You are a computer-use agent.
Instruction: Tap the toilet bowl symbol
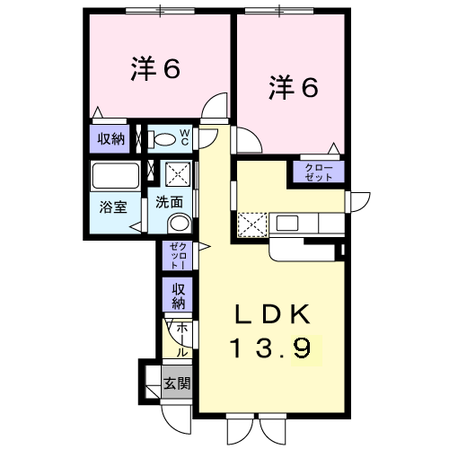164,139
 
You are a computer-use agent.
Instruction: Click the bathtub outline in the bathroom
115,175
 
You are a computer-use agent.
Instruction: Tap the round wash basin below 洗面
180,224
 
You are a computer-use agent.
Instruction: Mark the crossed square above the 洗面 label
176,173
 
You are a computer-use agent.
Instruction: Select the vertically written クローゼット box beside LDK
175,255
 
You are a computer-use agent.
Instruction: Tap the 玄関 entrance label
175,383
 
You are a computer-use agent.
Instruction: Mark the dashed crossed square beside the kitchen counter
251,223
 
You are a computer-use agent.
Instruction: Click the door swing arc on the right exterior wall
358,202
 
